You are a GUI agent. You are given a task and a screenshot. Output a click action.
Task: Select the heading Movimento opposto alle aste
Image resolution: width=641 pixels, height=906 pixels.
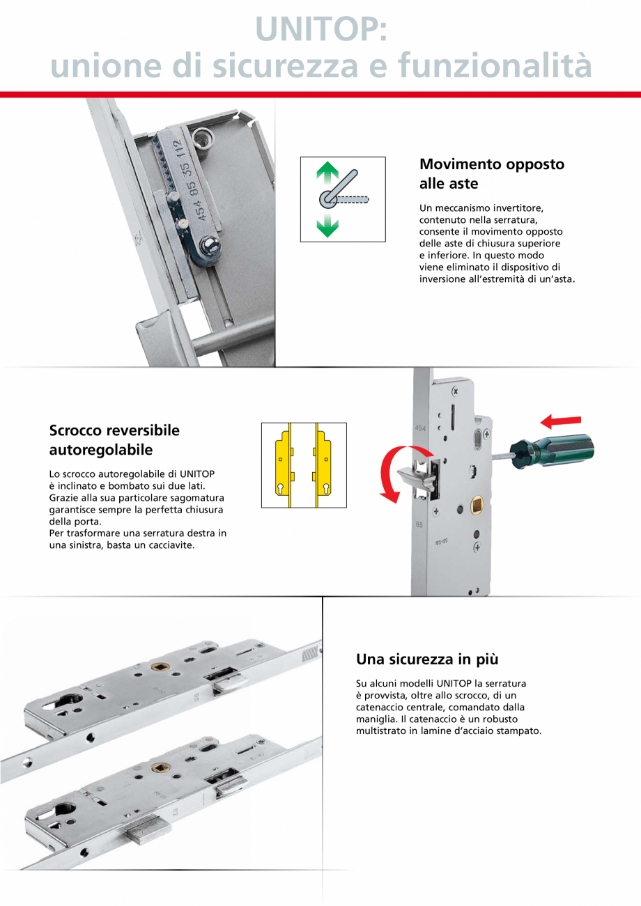pos(491,173)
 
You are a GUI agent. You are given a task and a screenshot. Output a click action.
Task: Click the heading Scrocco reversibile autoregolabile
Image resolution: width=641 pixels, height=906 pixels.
pos(114,439)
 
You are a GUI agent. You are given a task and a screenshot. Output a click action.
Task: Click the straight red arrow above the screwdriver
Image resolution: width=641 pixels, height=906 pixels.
pos(561,421)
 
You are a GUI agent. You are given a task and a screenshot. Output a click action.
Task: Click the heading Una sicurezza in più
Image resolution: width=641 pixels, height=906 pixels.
pos(427,659)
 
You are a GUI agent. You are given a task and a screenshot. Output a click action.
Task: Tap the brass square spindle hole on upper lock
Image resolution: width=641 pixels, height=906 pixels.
pos(157,665)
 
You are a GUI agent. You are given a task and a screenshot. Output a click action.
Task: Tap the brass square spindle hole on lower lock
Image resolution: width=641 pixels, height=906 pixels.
pos(159,768)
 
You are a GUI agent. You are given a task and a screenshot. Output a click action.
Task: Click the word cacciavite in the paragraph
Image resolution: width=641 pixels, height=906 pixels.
pos(169,545)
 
